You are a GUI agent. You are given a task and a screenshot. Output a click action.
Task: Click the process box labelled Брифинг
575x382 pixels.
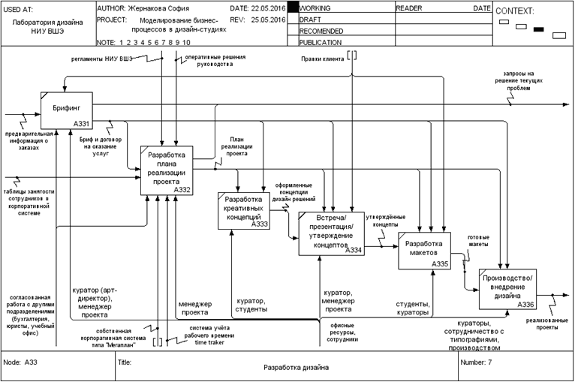(66, 110)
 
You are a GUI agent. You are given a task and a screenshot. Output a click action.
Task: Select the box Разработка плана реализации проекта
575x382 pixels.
(167, 170)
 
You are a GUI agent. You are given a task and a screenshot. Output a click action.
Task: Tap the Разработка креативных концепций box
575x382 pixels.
(243, 210)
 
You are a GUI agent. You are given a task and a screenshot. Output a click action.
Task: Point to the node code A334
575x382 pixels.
(353, 250)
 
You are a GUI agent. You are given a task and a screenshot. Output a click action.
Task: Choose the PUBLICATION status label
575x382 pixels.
(322, 43)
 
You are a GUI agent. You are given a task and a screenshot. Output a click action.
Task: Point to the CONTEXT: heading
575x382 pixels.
(515, 11)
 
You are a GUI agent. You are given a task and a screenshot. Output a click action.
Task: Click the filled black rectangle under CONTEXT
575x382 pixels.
(538, 29)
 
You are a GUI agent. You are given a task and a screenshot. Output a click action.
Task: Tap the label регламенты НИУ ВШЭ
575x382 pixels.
(101, 57)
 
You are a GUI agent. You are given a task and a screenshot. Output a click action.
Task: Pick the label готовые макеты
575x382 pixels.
(479, 238)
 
